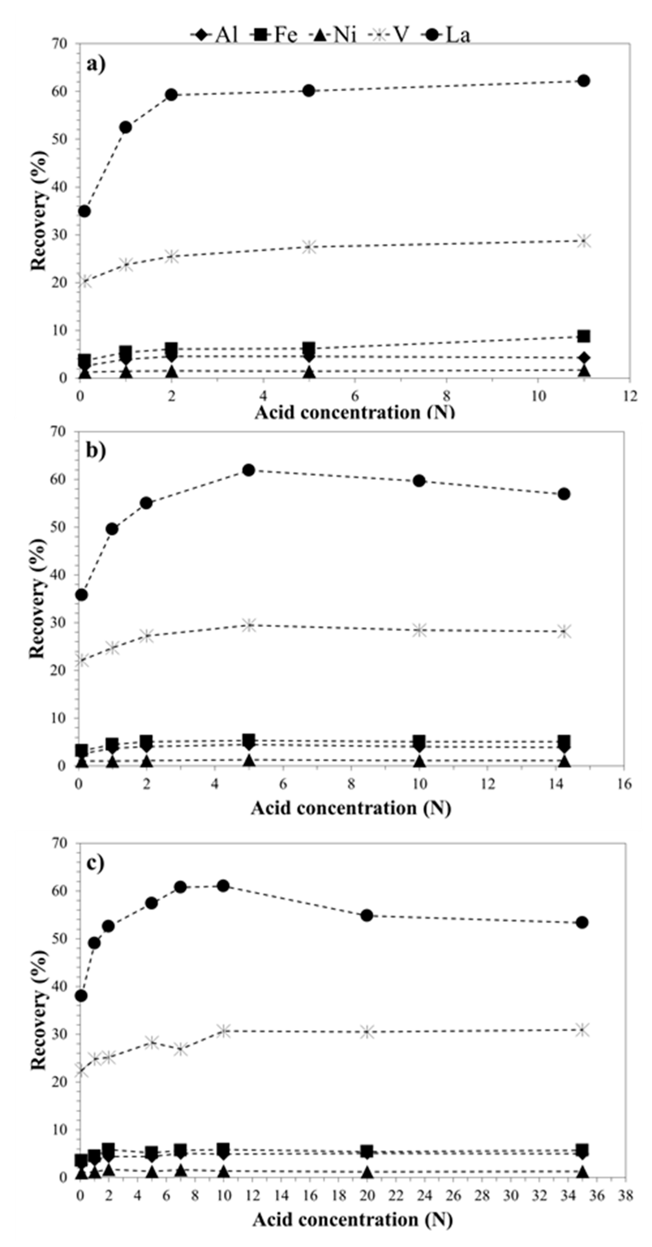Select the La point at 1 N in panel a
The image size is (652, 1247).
tap(125, 127)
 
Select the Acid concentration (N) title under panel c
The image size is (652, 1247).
tap(352, 1219)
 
